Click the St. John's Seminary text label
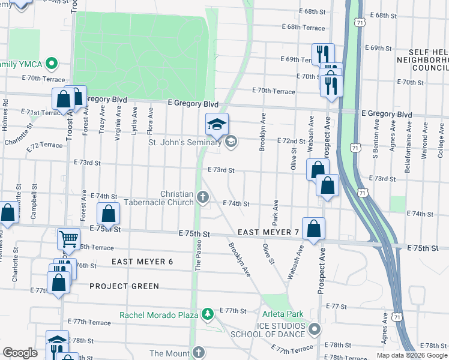coord(185,142)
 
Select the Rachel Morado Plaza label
coord(158,314)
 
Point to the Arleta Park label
coord(282,314)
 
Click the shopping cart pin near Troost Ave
coord(68,239)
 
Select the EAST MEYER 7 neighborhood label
coord(268,232)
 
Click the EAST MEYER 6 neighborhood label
coord(142,262)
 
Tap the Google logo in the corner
coord(20,353)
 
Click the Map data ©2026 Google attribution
coord(411,355)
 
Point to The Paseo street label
coord(199,256)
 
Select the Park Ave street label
coord(276,209)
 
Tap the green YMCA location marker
coord(52,63)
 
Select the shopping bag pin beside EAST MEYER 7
coord(313,228)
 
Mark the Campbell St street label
coord(35,204)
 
